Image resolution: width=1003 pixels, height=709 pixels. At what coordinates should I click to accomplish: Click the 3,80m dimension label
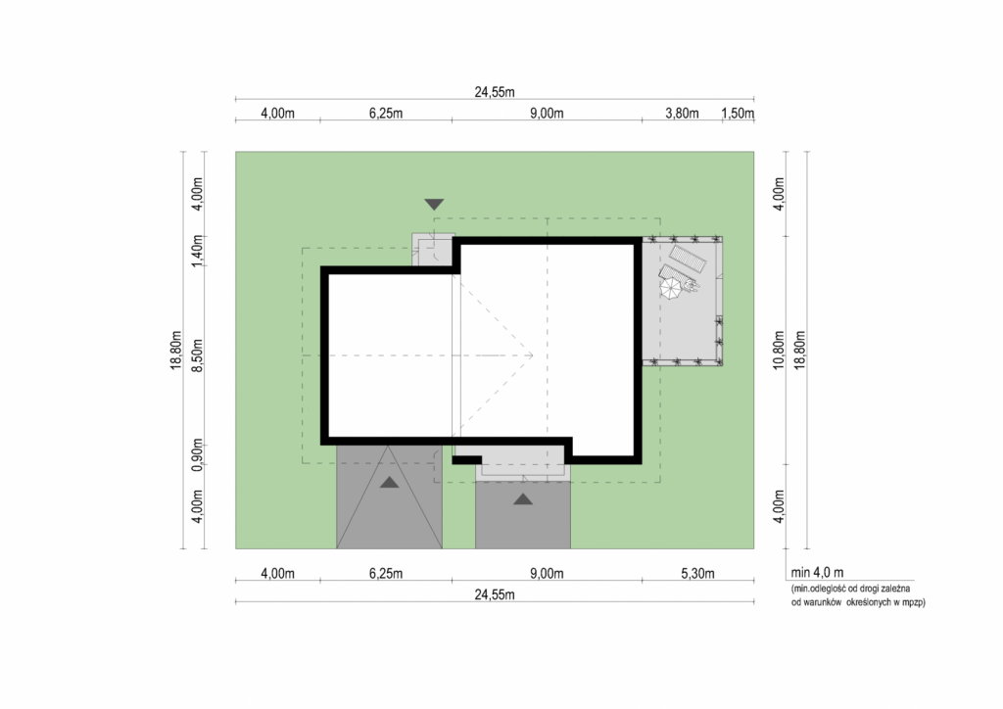682,114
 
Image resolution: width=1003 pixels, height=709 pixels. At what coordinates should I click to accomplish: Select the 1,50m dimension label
738,114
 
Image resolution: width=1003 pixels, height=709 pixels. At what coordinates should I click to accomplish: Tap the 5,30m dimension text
697,574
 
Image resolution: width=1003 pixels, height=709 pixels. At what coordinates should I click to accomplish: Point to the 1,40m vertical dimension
198,251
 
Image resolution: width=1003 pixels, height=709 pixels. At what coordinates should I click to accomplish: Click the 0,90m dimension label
198,455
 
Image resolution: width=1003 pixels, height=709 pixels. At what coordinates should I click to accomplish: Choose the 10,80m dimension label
779,351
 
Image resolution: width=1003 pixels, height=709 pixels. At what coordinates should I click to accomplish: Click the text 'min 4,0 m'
817,573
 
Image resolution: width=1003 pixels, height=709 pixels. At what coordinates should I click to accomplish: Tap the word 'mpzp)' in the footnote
911,602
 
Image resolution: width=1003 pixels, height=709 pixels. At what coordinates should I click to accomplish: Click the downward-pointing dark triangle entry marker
434,205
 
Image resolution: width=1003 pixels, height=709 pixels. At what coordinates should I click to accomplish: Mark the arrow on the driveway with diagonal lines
390,483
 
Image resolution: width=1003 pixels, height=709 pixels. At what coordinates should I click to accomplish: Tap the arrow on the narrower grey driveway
523,499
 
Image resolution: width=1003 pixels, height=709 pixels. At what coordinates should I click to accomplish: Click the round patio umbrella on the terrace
672,288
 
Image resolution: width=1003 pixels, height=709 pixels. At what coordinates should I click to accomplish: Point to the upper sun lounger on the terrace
688,259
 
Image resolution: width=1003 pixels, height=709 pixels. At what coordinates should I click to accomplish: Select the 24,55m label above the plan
495,92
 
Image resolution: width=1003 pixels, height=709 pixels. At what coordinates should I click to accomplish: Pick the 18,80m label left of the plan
176,351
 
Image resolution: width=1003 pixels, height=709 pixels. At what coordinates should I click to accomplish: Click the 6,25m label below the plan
386,574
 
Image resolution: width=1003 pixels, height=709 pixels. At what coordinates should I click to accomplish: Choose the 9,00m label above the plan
547,114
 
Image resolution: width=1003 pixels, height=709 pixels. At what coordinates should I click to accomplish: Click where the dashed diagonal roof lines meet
532,354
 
